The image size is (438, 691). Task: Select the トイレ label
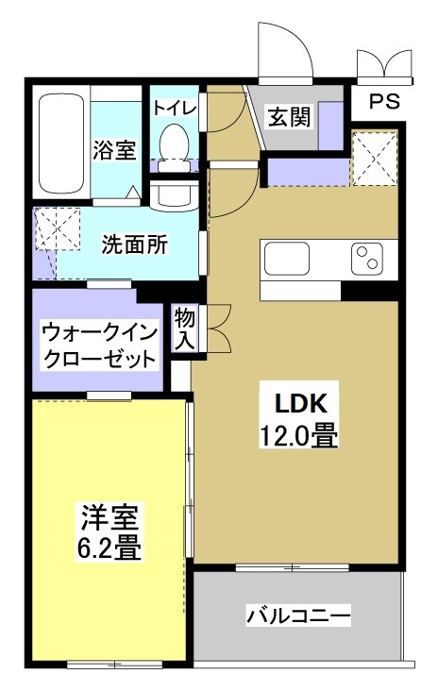tap(175, 108)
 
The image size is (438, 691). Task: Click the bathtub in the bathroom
tap(61, 142)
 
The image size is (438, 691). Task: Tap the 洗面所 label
tap(134, 244)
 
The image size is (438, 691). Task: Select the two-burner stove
tap(367, 259)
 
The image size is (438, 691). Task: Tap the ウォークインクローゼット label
tap(97, 346)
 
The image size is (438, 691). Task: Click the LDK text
tap(300, 404)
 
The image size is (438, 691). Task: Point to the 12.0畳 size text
tap(299, 436)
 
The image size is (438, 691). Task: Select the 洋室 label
tap(109, 517)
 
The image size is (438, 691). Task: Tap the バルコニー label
tap(298, 616)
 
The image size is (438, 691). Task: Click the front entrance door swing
tap(286, 51)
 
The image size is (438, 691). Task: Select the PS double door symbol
tap(384, 63)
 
